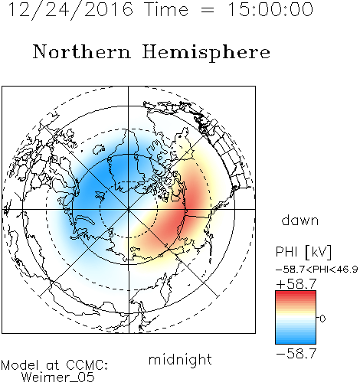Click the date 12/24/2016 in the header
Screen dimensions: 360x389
70,10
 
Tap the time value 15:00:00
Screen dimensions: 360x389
270,9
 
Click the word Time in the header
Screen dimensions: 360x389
166,9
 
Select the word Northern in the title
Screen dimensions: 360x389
82,51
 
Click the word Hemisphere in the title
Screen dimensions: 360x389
206,53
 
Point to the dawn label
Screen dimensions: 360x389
300,220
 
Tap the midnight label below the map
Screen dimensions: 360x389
180,359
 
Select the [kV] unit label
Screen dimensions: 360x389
318,252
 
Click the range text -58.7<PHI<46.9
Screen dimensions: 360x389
316,270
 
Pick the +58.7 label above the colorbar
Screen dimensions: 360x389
296,283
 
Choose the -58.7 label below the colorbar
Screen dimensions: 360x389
296,354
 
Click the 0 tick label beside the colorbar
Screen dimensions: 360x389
322,319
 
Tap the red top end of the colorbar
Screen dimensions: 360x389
296,293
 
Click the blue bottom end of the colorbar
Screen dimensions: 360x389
296,342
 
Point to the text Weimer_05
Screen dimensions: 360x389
57,377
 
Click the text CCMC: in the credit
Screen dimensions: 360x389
87,364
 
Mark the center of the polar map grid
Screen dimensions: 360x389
129,209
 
